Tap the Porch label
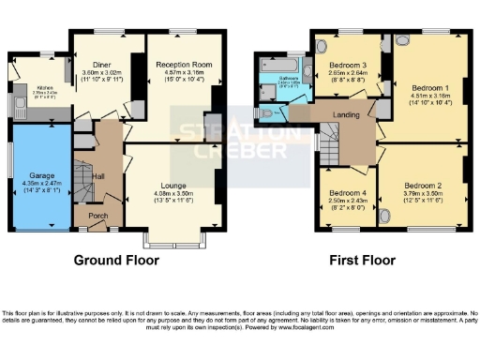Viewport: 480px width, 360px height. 97,215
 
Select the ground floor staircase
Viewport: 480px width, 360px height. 84,178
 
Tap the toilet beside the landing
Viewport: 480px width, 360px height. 268,114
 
